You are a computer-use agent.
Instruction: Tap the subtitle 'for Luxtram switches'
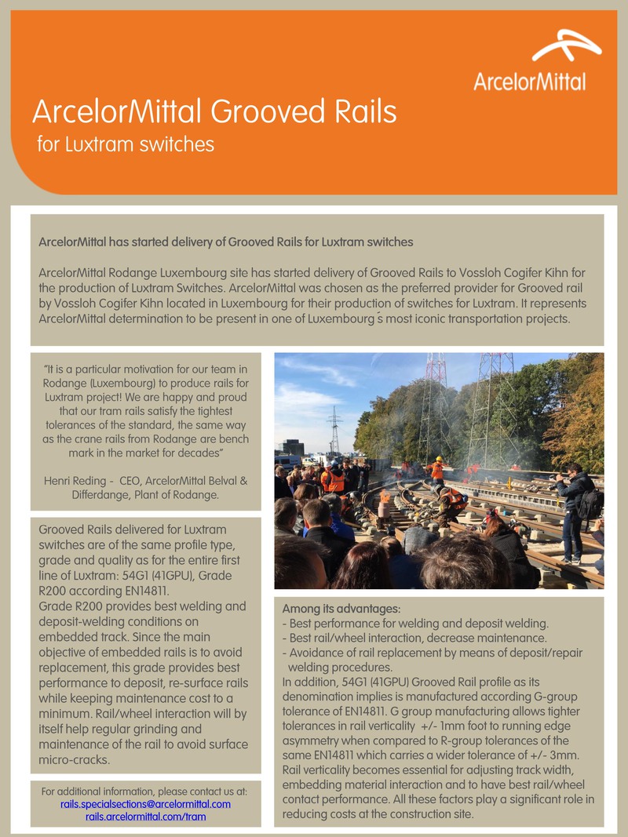(126, 144)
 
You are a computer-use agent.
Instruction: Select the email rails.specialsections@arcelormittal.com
(145, 804)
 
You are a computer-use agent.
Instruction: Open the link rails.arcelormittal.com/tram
(145, 817)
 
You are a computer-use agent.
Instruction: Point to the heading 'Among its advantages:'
(341, 609)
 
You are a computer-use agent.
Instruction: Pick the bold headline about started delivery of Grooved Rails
(225, 241)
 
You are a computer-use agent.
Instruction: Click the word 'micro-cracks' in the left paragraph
(75, 761)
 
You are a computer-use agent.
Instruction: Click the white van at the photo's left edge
(286, 461)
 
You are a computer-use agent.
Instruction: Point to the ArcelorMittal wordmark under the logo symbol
(529, 81)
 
